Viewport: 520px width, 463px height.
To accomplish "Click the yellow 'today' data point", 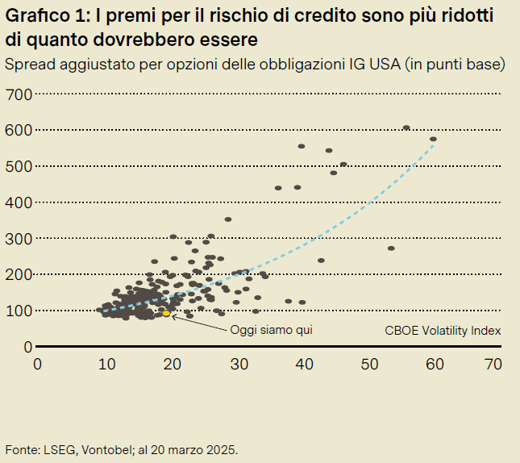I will [166, 313].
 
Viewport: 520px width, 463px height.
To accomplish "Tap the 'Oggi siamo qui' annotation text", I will [271, 330].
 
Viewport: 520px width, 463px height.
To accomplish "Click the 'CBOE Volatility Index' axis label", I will [443, 330].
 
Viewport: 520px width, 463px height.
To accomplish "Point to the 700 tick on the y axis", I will [19, 94].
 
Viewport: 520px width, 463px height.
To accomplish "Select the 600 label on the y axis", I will [19, 131].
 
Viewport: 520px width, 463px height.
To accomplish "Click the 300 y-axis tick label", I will [19, 239].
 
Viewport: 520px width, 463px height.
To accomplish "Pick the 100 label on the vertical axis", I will [19, 311].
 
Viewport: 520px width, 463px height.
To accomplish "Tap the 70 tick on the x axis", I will [494, 364].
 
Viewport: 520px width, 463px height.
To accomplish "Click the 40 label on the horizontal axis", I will [304, 364].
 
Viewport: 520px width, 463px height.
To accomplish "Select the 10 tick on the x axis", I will [105, 364].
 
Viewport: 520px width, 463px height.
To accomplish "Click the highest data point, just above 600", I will [406, 127].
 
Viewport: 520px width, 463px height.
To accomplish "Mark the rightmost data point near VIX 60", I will [433, 140].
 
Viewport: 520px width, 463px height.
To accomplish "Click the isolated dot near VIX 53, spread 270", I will [391, 248].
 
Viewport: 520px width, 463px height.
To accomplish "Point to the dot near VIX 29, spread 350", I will [228, 219].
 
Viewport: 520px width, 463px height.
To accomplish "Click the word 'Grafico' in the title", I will [34, 17].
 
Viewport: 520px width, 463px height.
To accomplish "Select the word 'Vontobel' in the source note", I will [101, 448].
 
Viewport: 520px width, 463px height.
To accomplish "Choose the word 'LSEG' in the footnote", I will [54, 448].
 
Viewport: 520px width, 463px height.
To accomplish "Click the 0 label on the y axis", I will [27, 347].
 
